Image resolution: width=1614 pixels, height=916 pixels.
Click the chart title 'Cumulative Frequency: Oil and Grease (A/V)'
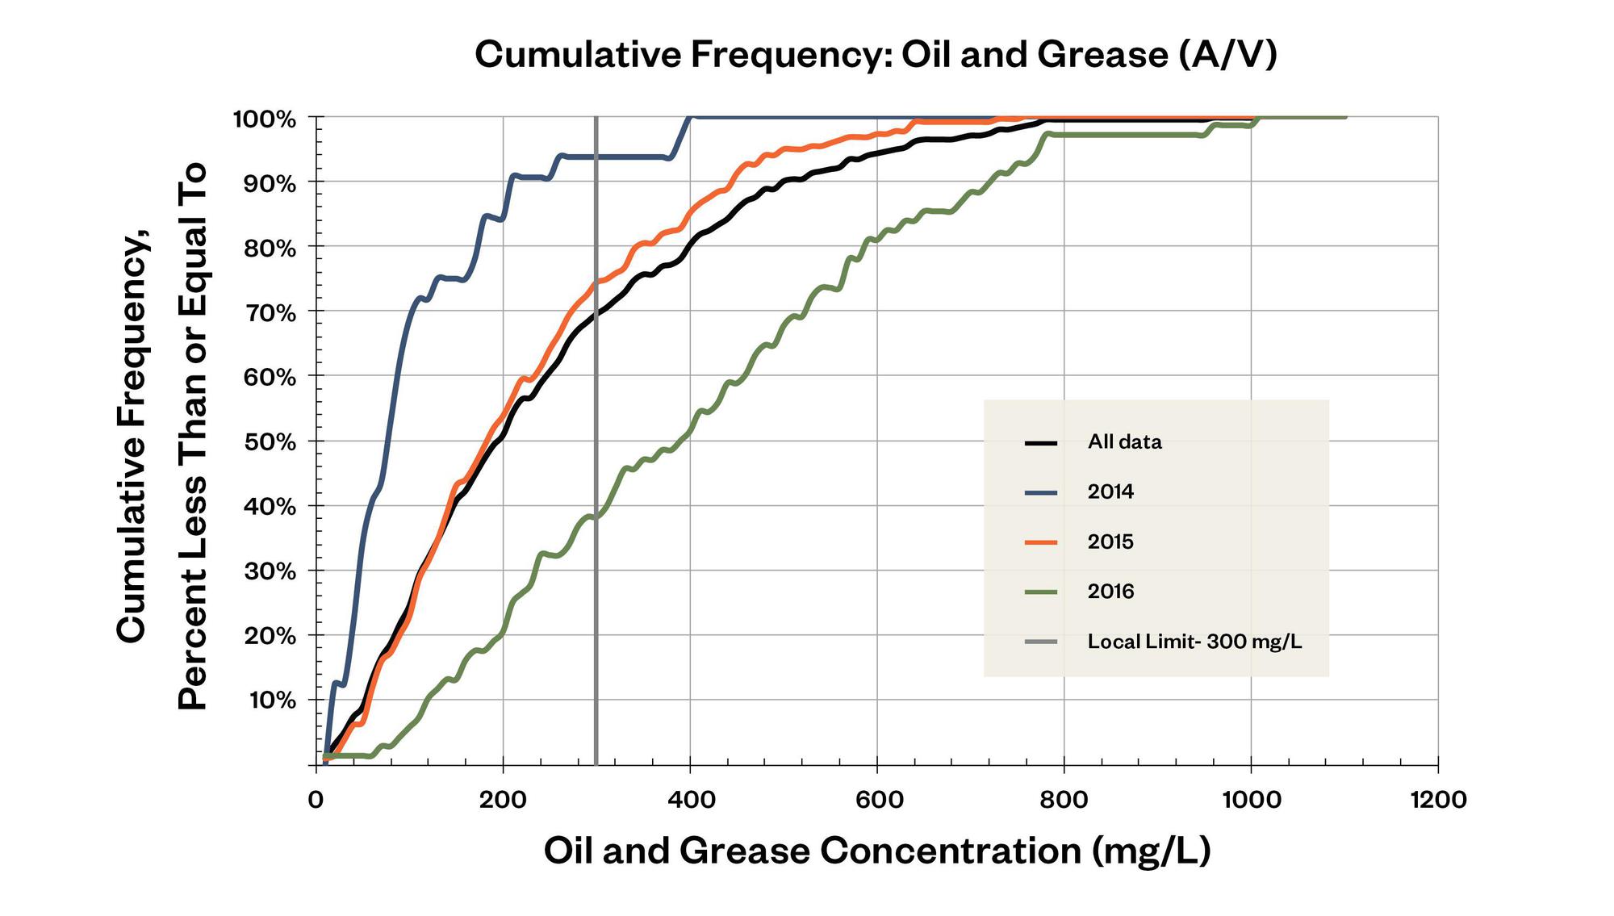876,55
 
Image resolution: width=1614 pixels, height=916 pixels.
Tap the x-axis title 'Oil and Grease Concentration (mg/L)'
877,851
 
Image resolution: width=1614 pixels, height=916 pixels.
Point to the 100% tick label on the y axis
265,119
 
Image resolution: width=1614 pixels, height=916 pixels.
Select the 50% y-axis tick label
270,442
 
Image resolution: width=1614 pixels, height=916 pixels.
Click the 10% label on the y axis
272,701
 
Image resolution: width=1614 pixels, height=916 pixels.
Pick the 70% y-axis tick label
270,313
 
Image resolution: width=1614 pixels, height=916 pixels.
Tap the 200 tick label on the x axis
503,800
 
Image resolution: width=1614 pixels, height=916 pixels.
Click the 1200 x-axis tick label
1437,800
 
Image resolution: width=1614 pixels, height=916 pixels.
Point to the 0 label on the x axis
316,800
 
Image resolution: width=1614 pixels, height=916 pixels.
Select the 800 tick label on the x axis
1064,800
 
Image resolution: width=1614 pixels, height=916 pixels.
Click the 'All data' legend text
1124,442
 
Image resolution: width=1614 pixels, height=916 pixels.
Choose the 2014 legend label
1110,492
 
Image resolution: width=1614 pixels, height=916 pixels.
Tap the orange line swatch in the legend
1041,542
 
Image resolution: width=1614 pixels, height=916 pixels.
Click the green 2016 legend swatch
1041,592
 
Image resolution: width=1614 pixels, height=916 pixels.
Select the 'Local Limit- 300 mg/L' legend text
1194,642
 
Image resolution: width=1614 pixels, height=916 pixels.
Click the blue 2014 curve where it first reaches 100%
690,118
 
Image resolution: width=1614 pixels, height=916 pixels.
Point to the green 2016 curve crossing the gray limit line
596,517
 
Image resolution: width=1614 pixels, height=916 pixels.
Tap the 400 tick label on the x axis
691,800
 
